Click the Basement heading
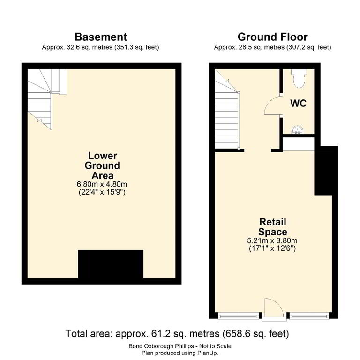coord(101,37)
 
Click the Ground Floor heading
coord(272,37)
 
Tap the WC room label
coord(298,103)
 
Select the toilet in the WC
coord(299,78)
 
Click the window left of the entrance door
coord(238,316)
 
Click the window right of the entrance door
coord(309,316)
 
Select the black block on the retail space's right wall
coord(326,171)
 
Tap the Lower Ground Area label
coord(102,165)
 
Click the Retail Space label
coord(272,227)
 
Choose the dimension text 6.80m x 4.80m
coord(102,184)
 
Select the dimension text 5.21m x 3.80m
coord(272,240)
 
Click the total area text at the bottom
coord(177,334)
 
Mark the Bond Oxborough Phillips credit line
coord(180,346)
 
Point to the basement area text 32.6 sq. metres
coord(90,47)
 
